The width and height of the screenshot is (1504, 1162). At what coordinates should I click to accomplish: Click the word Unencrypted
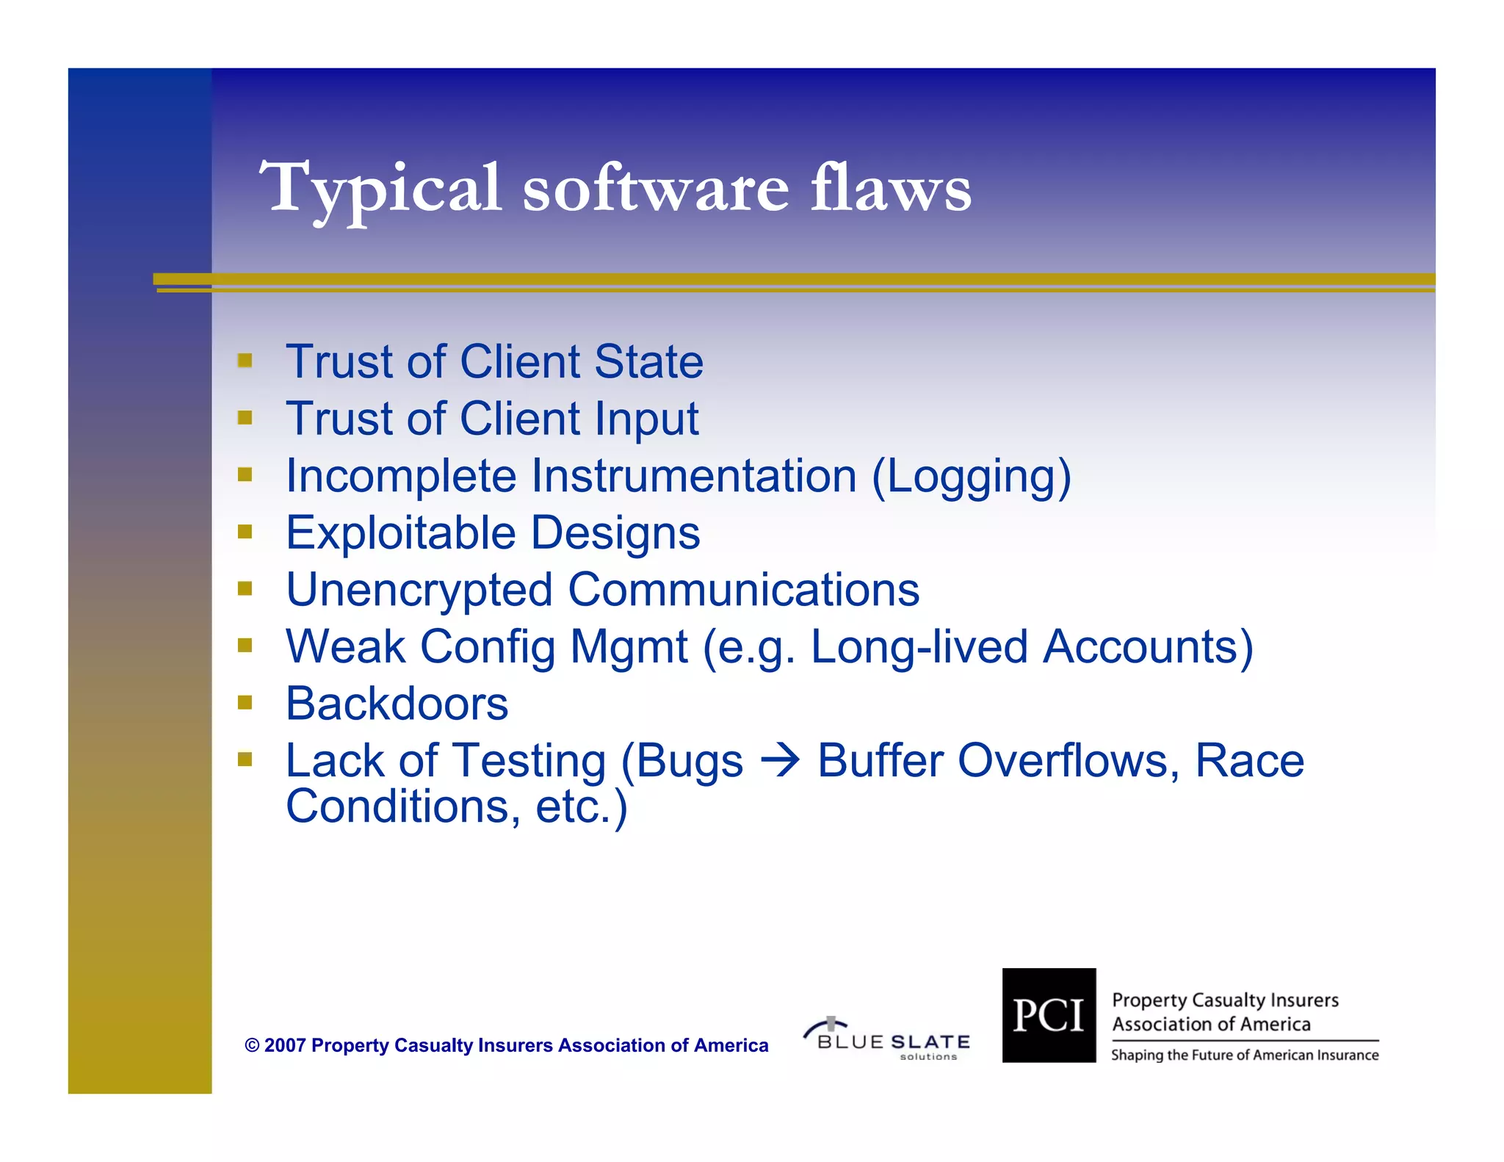click(419, 590)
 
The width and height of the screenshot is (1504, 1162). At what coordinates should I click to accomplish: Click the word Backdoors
click(397, 704)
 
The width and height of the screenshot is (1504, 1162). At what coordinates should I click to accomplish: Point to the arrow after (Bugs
click(780, 760)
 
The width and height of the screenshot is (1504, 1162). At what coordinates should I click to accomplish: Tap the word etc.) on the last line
click(582, 806)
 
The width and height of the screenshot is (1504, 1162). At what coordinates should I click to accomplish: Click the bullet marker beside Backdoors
click(245, 703)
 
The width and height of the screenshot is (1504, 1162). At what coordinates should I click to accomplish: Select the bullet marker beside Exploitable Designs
click(245, 531)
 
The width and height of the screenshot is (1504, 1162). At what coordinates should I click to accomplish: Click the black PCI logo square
click(1048, 1015)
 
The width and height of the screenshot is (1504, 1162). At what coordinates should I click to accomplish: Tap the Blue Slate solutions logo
click(888, 1039)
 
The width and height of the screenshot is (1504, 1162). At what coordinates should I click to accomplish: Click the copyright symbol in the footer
click(252, 1045)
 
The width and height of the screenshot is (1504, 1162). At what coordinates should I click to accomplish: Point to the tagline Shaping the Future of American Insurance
click(1244, 1055)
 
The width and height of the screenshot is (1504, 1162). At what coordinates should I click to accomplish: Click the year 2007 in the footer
click(285, 1045)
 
